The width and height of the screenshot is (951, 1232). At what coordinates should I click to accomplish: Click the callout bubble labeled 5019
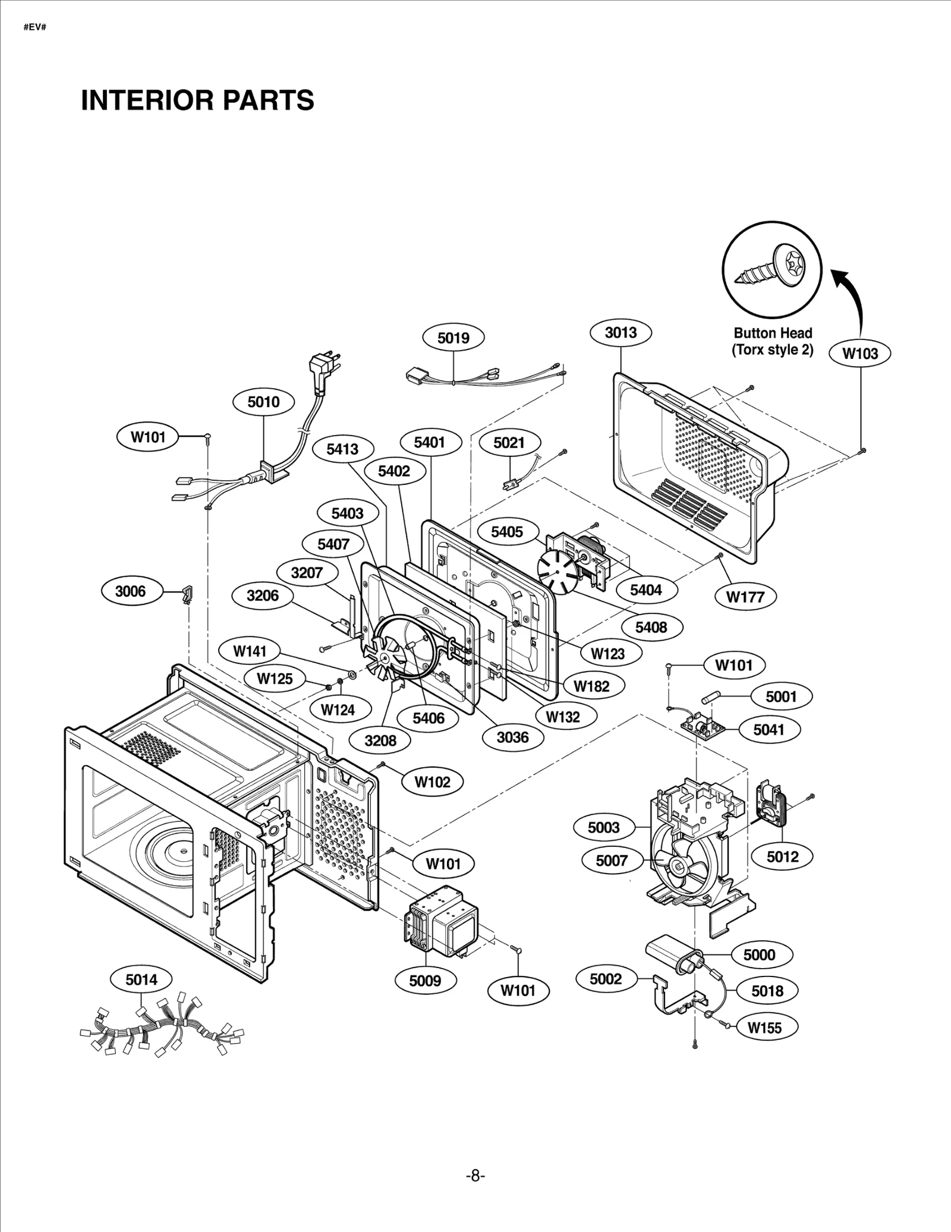(x=453, y=338)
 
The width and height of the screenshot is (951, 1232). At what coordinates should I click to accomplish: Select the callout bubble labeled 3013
(x=621, y=333)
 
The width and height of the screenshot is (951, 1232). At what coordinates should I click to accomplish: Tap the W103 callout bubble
(x=860, y=354)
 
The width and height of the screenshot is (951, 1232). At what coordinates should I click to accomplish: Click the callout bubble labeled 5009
(x=425, y=980)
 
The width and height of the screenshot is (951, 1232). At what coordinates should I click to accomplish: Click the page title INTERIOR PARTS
(x=197, y=100)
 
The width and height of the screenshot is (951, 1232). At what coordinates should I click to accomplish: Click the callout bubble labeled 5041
(x=769, y=730)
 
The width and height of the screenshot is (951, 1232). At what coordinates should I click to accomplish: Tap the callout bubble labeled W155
(x=764, y=1028)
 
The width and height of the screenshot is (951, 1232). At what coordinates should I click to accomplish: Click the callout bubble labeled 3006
(x=130, y=591)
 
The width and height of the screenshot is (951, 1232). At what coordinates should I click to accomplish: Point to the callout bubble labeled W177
(x=745, y=597)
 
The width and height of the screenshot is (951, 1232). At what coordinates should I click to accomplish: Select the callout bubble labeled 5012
(x=782, y=856)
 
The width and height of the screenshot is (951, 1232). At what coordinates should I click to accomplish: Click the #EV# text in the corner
(x=34, y=28)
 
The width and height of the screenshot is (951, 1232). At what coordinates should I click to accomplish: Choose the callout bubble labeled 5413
(x=342, y=449)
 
